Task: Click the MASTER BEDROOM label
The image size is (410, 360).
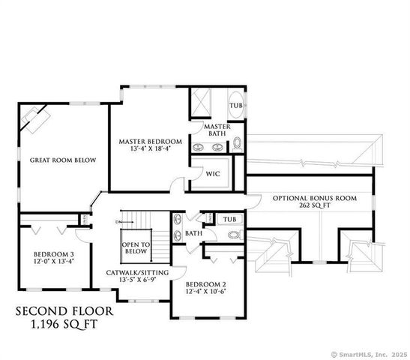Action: pyautogui.click(x=150, y=141)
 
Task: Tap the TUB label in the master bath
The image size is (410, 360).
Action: pyautogui.click(x=235, y=106)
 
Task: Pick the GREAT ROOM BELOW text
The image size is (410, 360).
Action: pyautogui.click(x=57, y=160)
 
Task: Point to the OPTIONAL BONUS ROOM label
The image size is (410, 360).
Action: pyautogui.click(x=314, y=199)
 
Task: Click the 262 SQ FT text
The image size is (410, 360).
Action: pyautogui.click(x=314, y=208)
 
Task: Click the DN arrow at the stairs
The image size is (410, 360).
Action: pyautogui.click(x=119, y=222)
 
